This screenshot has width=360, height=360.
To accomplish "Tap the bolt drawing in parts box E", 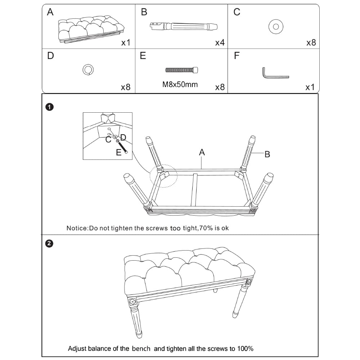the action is click(x=181, y=70).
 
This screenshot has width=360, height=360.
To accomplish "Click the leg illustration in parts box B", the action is click(x=184, y=26).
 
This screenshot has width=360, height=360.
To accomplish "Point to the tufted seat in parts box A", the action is click(x=91, y=29).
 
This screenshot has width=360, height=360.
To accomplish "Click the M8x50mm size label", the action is click(x=180, y=85).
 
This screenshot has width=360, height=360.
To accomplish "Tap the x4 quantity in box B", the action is click(x=220, y=42).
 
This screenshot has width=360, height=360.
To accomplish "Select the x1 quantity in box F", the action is click(x=310, y=87).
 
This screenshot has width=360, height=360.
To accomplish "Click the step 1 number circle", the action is click(x=49, y=107).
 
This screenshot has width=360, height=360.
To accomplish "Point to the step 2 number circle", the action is click(x=49, y=243).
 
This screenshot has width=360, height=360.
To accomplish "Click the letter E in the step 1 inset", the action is click(x=118, y=152).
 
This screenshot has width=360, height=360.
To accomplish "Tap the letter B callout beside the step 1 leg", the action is click(x=267, y=154).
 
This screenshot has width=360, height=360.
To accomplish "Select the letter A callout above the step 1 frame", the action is click(x=202, y=152).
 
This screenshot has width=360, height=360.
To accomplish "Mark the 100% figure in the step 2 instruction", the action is click(x=245, y=349).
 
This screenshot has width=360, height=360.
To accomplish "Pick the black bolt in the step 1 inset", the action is click(x=122, y=147).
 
